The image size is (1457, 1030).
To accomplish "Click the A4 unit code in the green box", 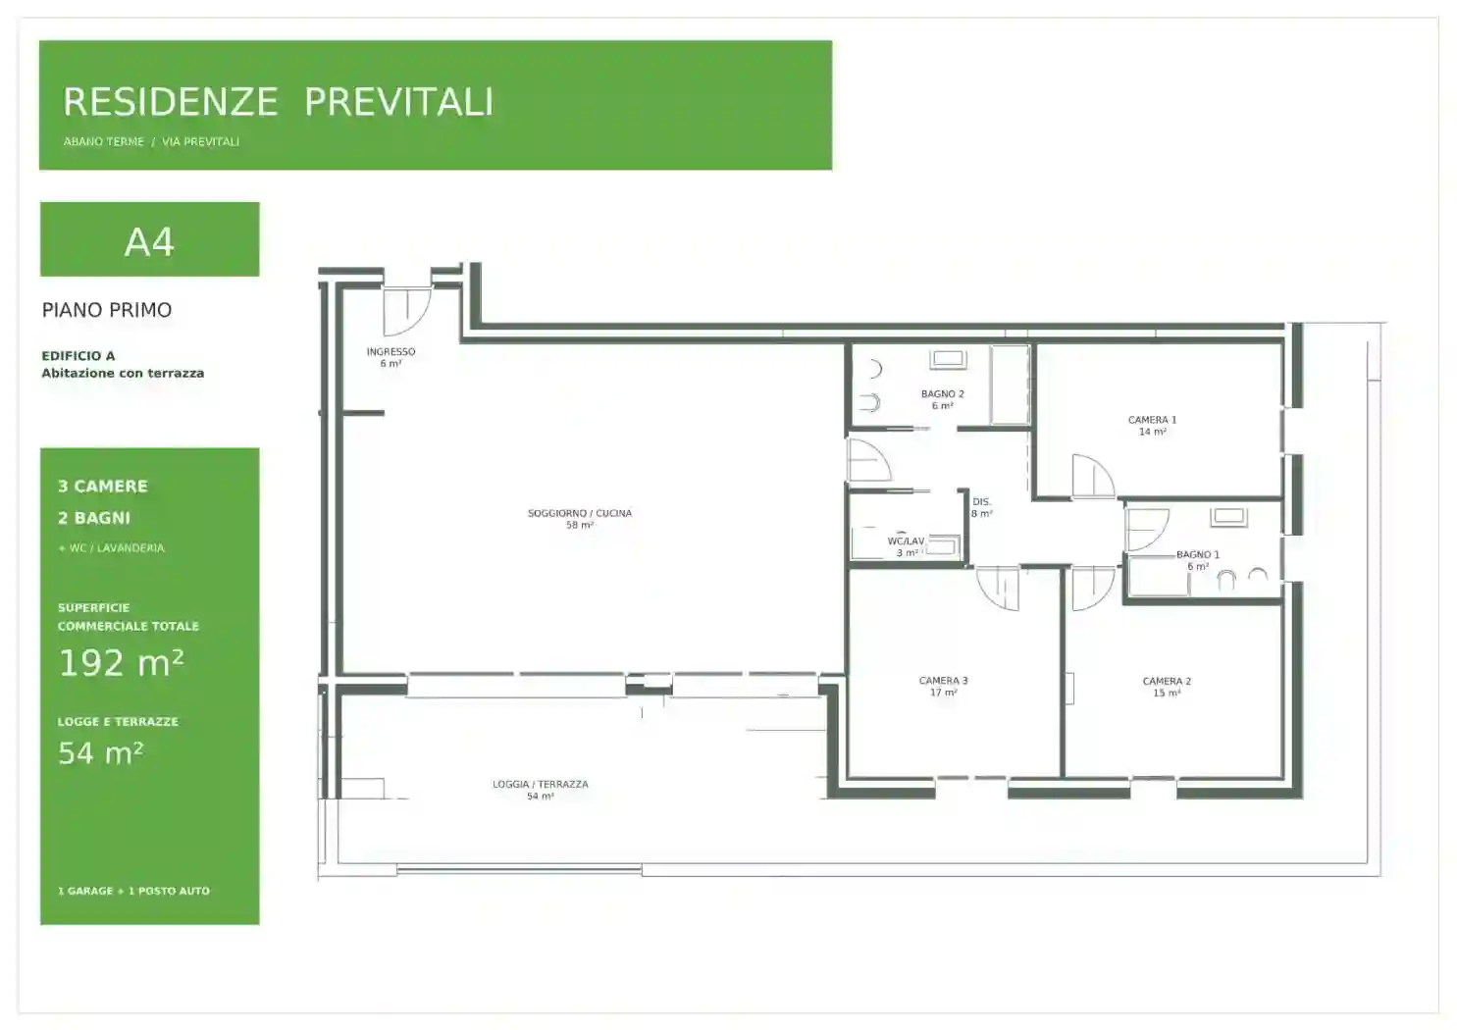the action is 149,242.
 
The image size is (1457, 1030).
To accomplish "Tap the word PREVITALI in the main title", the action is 399,102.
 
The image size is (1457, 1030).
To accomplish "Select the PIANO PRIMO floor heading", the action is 107,310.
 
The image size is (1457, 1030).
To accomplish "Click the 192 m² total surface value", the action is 121,662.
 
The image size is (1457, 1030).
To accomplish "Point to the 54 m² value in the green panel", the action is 101,753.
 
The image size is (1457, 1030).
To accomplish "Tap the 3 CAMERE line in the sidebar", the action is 103,487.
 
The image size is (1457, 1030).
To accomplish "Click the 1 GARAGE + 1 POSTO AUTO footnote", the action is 134,891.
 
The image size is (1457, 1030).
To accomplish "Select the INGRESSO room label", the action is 390,352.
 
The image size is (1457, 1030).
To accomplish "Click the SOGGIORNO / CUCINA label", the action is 580,513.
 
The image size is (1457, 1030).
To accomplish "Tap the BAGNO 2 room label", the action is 943,394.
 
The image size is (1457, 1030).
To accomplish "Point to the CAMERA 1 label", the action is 1153,420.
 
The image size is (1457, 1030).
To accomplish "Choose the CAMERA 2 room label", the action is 1167,682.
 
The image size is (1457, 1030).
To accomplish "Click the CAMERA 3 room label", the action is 943,681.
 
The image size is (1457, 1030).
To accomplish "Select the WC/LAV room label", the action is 906,541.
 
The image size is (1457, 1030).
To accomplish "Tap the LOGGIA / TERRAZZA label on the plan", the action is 541,784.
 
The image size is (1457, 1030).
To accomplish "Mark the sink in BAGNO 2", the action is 949,359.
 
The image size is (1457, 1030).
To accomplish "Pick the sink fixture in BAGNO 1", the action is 1228,518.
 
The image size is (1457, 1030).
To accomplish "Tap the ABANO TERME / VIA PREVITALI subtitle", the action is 151,142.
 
